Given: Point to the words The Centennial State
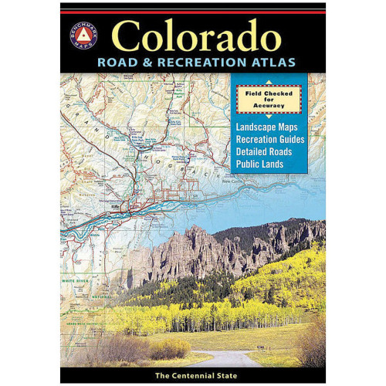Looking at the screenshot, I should pyautogui.click(x=193, y=374).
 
